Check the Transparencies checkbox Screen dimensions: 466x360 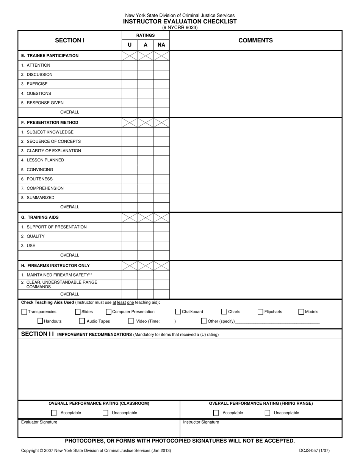pyautogui.click(x=24, y=312)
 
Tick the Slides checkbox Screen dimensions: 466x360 pyautogui.click(x=78, y=312)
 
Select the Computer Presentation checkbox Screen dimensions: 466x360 pyautogui.click(x=109, y=312)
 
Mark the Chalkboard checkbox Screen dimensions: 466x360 pyautogui.click(x=178, y=312)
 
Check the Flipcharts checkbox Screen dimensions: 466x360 pyautogui.click(x=260, y=312)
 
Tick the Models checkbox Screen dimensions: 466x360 pyautogui.click(x=301, y=312)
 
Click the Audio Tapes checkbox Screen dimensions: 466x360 pyautogui.click(x=82, y=321)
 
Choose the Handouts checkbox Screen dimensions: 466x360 pyautogui.click(x=40, y=321)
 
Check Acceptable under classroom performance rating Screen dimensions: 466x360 pyautogui.click(x=54, y=413)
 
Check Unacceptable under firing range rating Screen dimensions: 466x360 pyautogui.click(x=268, y=413)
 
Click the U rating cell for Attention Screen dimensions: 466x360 pyautogui.click(x=130, y=65)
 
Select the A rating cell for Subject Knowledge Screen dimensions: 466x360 pyautogui.click(x=146, y=132)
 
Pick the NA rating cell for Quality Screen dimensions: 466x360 pyautogui.click(x=161, y=236)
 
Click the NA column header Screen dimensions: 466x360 pyautogui.click(x=161, y=45)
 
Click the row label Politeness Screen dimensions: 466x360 pyautogui.click(x=37, y=179)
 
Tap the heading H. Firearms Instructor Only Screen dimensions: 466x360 pyautogui.click(x=55, y=266)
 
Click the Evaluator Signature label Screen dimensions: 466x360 pyautogui.click(x=39, y=422)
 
